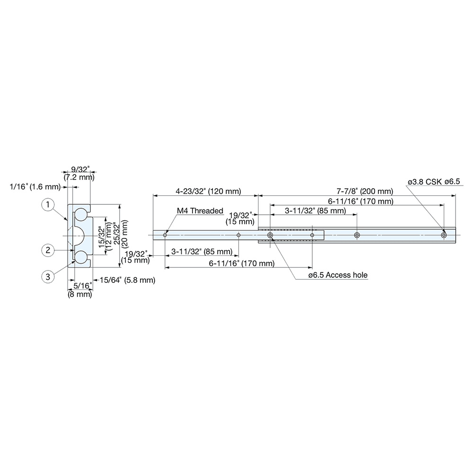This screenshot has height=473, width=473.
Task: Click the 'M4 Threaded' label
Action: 200,211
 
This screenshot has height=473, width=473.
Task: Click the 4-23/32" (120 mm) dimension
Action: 208,192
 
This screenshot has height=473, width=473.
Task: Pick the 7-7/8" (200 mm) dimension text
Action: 365,192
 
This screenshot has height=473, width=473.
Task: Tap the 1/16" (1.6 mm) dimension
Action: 35,187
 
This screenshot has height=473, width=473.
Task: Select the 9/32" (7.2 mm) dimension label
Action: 78,173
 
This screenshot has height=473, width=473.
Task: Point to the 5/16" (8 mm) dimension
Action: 79,289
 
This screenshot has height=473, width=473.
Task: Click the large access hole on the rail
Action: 270,235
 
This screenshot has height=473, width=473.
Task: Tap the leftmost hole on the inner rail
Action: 165,235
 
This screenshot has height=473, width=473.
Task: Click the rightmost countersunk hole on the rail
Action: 444,235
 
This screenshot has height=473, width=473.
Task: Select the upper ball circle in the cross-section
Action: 81,214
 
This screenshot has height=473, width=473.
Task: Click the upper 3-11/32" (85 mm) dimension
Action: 315,210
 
